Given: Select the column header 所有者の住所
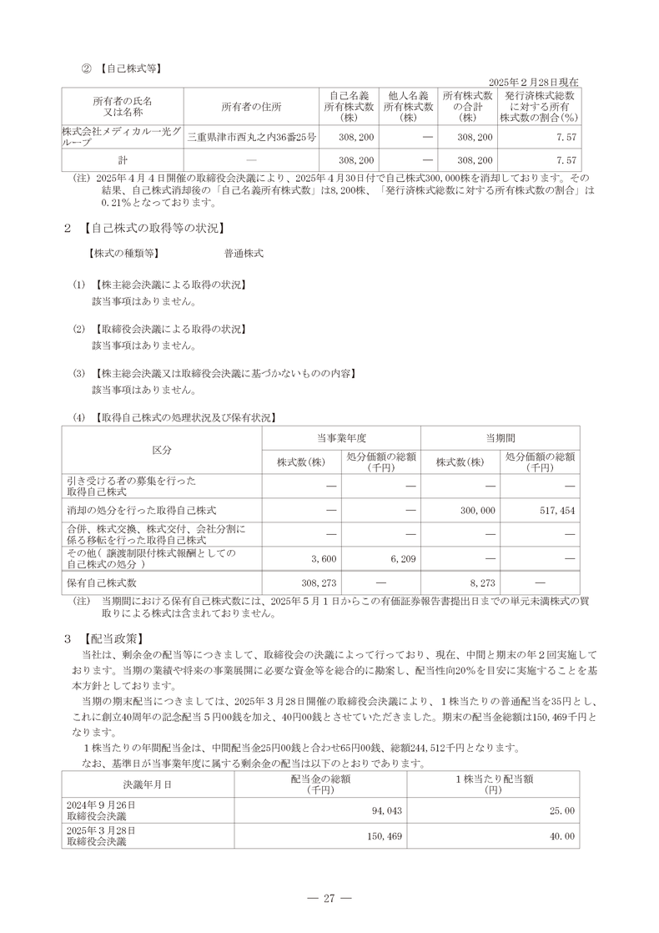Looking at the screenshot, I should coord(251,107).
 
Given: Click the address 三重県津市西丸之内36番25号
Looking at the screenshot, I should coord(251,136).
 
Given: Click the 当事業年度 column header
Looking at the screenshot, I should coord(341,437).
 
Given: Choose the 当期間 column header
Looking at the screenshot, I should coord(500,437).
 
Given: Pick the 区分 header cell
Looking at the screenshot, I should coord(162,450).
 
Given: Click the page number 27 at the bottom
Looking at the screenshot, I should coord(329,898).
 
